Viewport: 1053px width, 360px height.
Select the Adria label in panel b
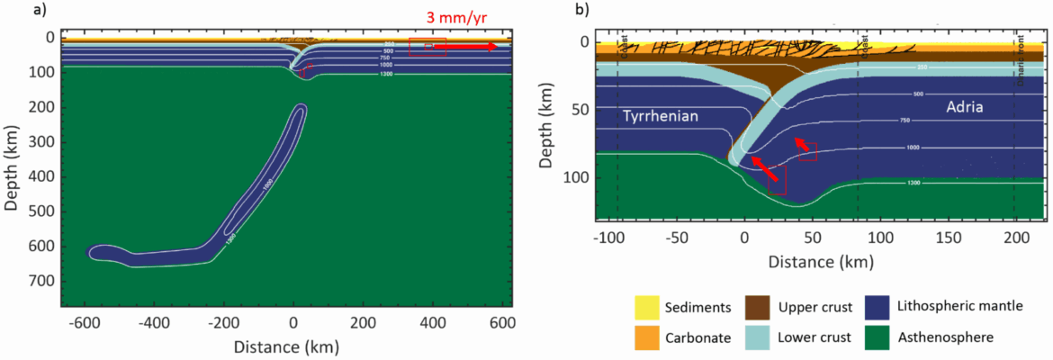click(x=963, y=106)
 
